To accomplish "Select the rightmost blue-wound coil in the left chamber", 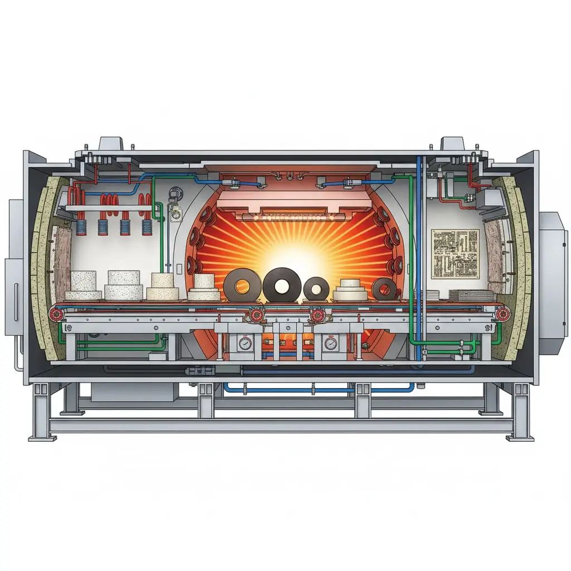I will (147, 226).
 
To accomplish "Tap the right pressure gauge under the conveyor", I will (330, 344).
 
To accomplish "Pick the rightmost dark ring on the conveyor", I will (384, 289).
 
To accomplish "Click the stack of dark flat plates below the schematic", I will (471, 295).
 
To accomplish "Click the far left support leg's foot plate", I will (71, 413).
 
